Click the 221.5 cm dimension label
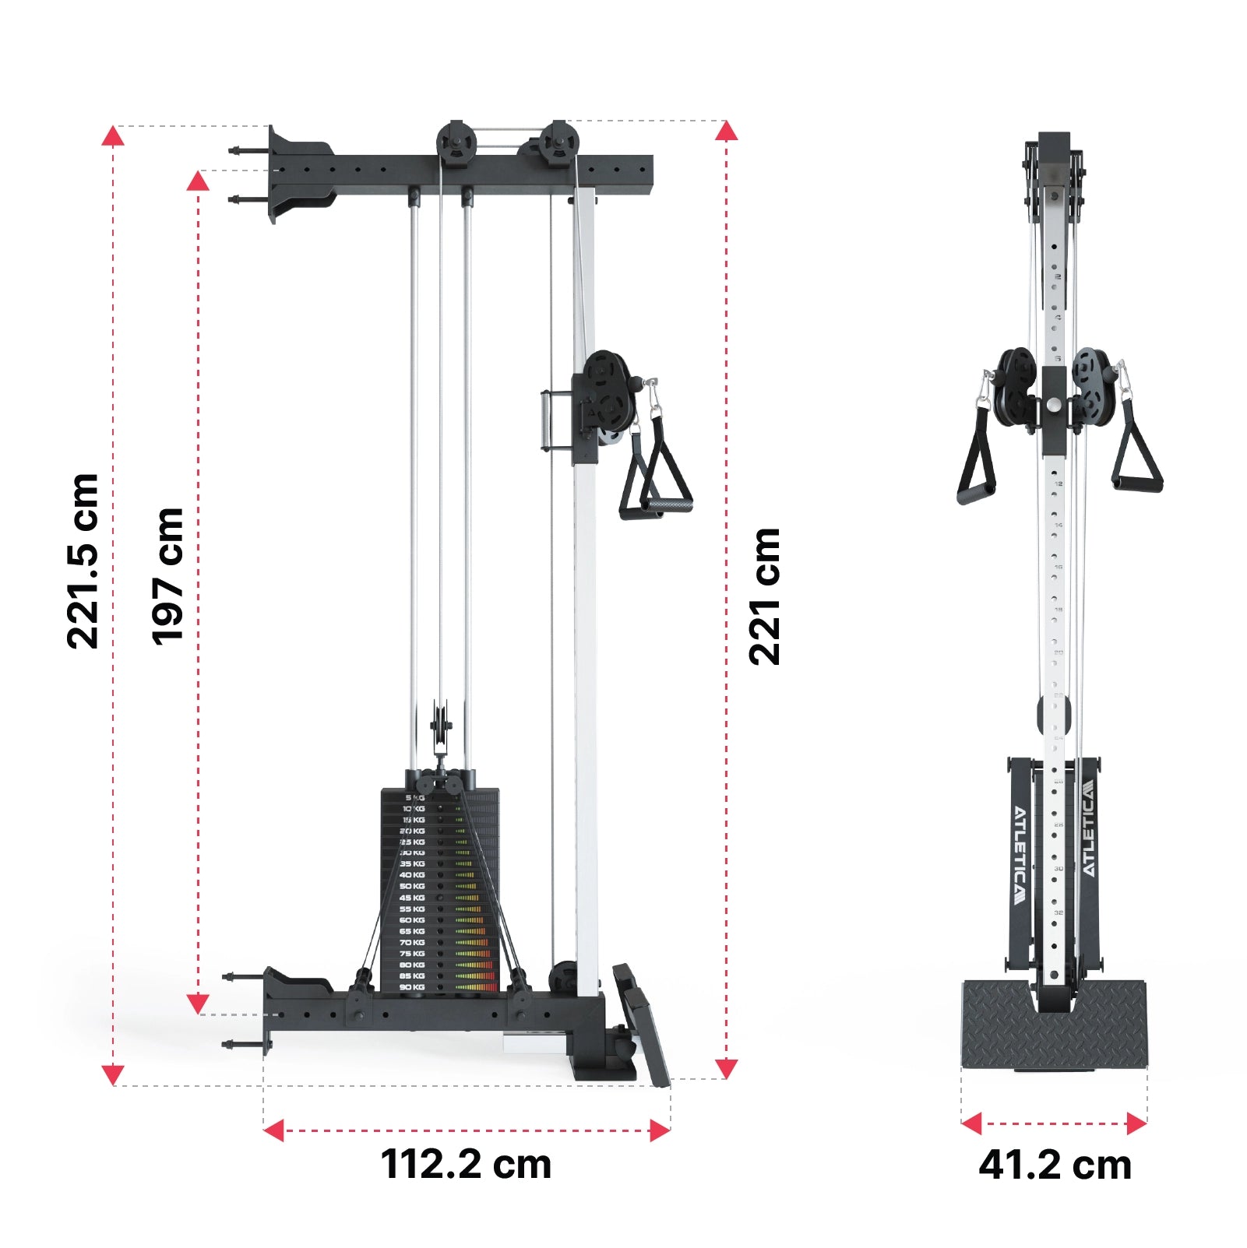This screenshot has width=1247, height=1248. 83,561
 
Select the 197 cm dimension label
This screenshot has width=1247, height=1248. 167,577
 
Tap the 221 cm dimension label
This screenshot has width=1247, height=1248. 764,596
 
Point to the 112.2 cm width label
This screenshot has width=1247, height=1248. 466,1165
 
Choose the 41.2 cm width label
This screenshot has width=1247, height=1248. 1055,1165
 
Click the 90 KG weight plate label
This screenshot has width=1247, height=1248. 412,987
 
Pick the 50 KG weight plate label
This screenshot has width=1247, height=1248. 412,887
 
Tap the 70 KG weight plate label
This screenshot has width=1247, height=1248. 412,943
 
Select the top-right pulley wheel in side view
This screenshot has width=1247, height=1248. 558,144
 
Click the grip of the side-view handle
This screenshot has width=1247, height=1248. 667,508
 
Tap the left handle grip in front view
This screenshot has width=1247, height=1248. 976,493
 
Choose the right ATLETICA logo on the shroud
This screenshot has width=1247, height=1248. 1088,828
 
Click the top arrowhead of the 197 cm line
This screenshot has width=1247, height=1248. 198,182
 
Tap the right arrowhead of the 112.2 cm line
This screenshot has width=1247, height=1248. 660,1130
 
